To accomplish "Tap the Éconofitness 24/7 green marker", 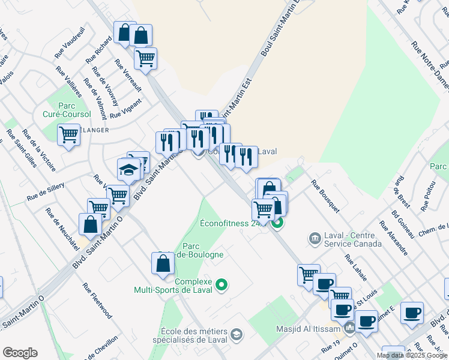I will point(277,224).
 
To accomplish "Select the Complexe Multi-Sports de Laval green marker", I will point(221,284).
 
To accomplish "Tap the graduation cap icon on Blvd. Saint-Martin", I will point(128,170).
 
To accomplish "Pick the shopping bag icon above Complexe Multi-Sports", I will point(163,264).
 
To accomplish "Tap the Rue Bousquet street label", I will point(325,196).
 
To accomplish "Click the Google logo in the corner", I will point(20,353).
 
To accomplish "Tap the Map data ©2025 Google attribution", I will point(411,355).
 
